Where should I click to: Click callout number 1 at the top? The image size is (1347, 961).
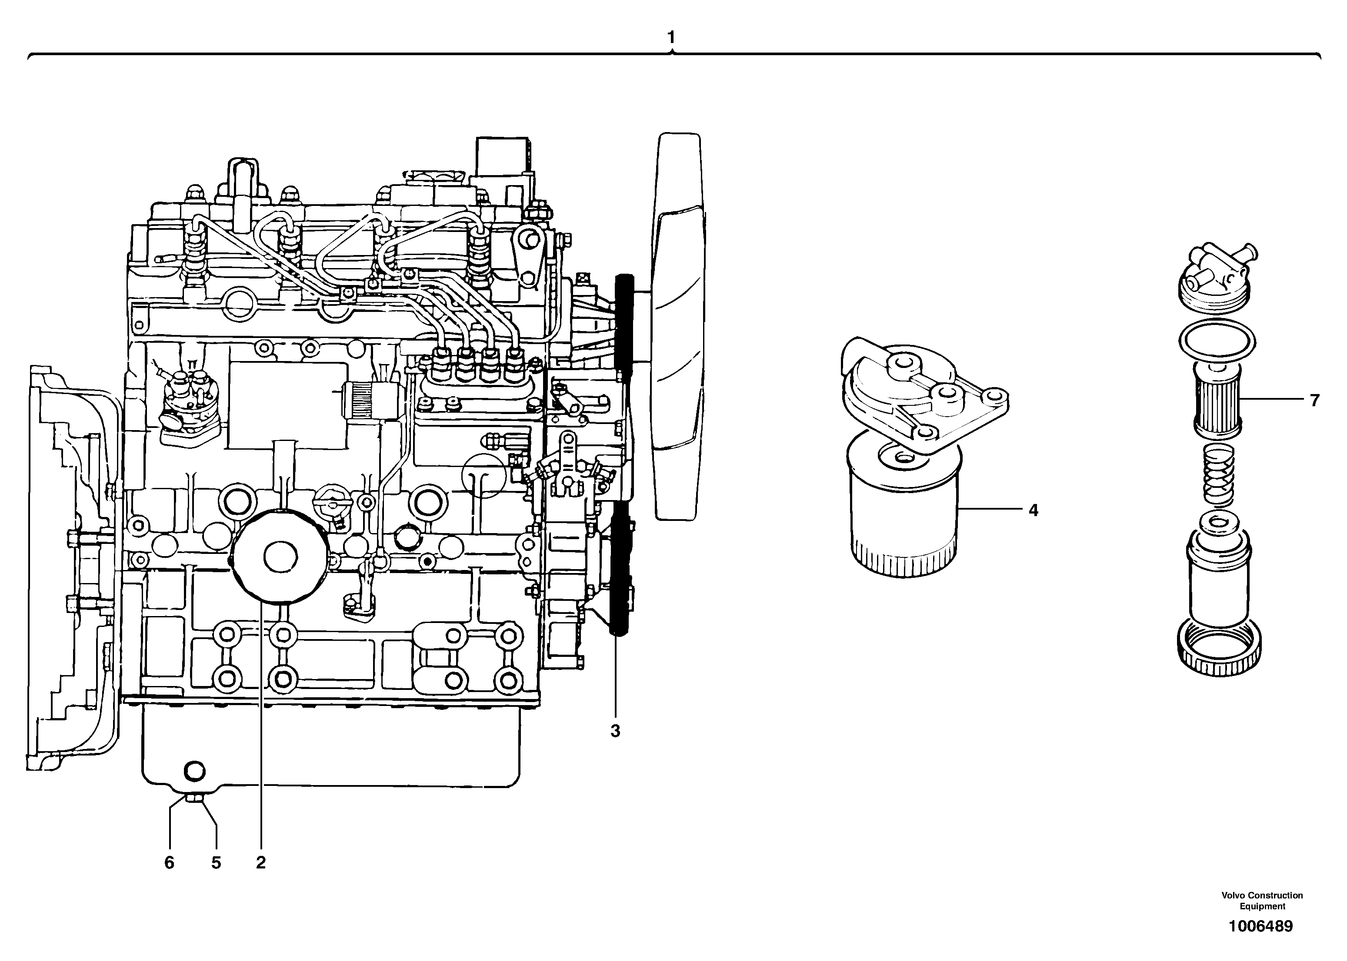tap(671, 37)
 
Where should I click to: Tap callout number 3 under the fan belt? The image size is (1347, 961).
tap(615, 732)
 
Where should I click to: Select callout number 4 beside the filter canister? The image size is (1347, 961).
tap(1033, 510)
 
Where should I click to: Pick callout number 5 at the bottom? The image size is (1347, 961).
tap(216, 863)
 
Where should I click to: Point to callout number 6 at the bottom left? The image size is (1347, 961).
tap(169, 863)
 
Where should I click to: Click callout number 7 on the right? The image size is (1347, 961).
tap(1314, 401)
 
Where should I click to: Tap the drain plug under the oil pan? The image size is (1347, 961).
tap(193, 799)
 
